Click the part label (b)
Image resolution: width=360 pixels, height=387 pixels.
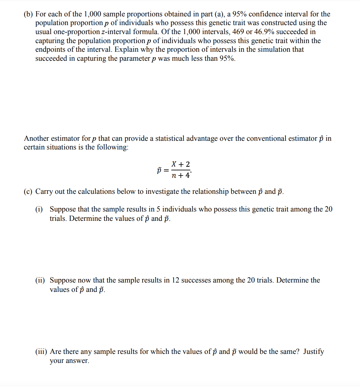coord(28,14)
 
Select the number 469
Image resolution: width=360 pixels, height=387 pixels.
coord(238,32)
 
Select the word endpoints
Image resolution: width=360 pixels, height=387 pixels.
coord(50,50)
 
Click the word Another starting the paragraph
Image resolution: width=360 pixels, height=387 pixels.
coord(36,139)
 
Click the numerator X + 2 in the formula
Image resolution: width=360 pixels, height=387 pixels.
coord(181,164)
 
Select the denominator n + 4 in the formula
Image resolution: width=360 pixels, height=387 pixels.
coord(181,175)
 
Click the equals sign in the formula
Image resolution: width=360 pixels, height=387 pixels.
coord(166,170)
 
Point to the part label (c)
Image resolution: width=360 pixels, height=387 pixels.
coord(28,192)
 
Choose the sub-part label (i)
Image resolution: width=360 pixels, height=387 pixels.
coord(39,209)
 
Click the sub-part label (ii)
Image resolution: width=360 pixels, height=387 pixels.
coord(40,280)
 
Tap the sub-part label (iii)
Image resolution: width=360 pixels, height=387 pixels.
coord(41,352)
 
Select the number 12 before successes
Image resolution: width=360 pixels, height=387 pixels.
coord(175,280)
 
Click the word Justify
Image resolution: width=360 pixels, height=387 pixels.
coord(313,352)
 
